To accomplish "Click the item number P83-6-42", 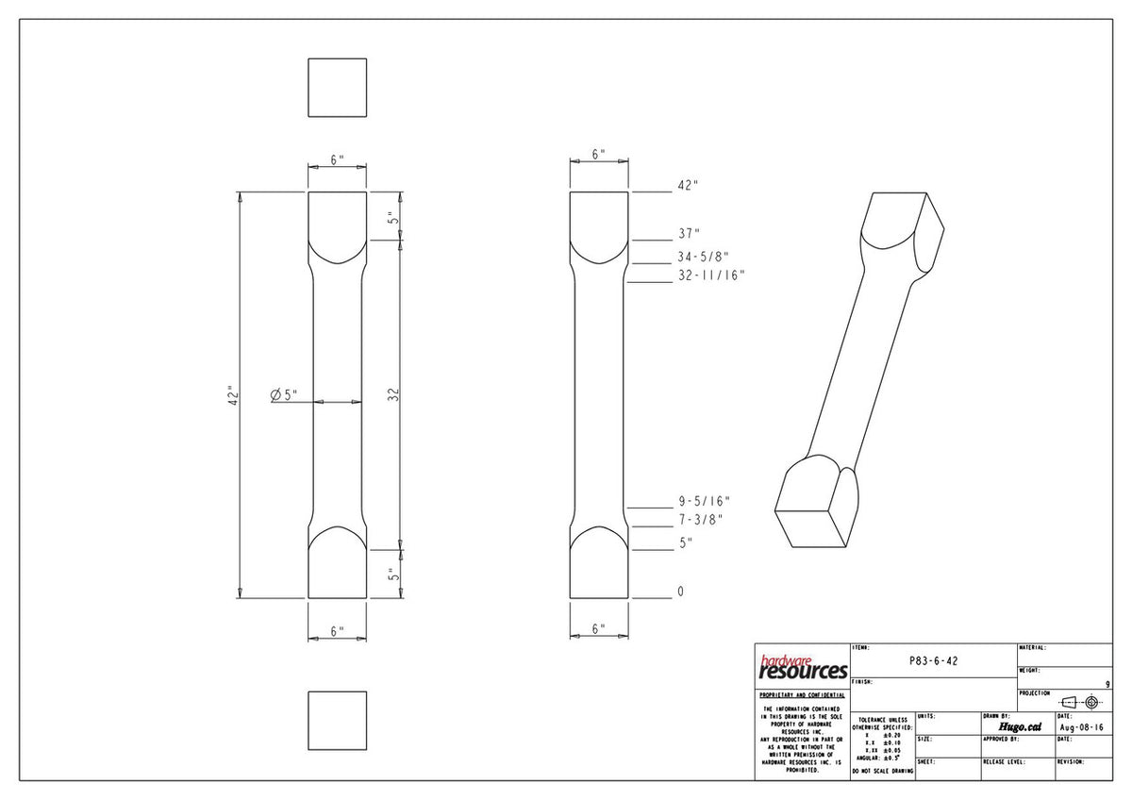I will click(x=933, y=661).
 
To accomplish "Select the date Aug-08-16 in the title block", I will click(x=1081, y=727).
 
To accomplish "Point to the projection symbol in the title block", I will click(x=1080, y=702).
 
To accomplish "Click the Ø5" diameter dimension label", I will click(x=285, y=394).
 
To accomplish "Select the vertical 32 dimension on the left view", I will click(x=395, y=394).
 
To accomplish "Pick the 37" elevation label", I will click(x=690, y=233).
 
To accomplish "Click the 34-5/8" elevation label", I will click(x=703, y=257).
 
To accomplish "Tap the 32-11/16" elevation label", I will click(x=711, y=275).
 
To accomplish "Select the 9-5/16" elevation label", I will click(x=704, y=502).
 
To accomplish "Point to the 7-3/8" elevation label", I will click(x=699, y=520).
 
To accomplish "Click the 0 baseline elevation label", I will click(x=680, y=592).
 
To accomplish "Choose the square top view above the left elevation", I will click(x=337, y=88).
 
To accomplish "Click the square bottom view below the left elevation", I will click(x=337, y=721).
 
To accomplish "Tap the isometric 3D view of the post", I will click(x=860, y=368).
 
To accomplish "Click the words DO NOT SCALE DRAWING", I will click(x=882, y=772).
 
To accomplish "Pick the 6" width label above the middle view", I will click(x=598, y=154).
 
